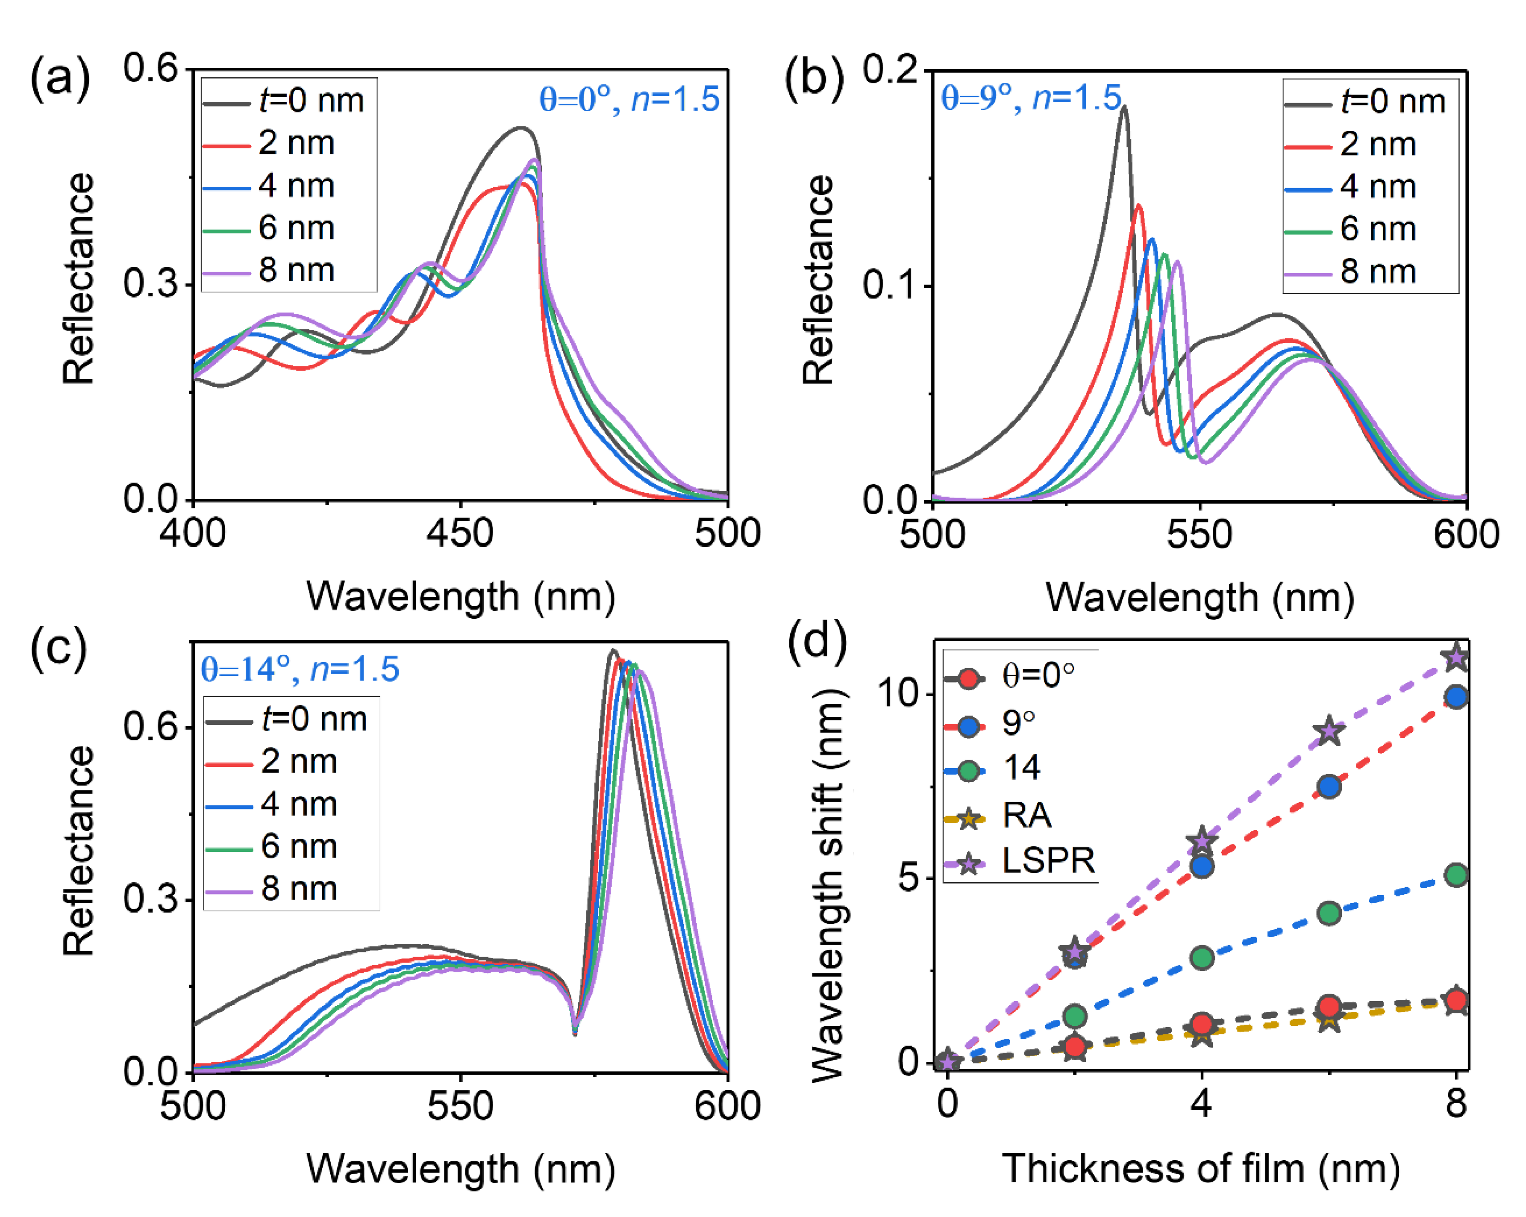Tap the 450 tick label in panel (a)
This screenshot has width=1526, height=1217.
460,533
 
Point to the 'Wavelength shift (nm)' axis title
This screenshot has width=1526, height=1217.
828,885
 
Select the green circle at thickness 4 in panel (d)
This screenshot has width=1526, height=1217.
1202,958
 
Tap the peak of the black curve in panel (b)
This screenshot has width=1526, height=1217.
1123,108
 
